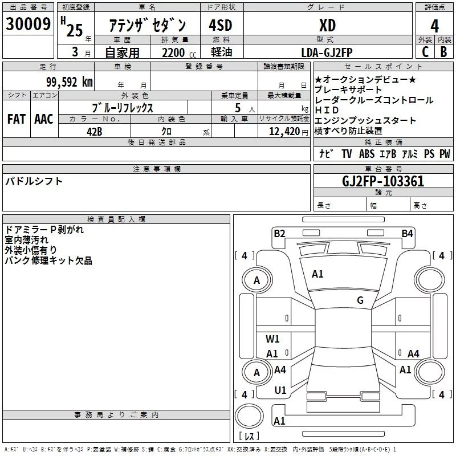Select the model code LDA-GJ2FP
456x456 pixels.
coord(327,52)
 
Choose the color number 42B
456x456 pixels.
coord(95,131)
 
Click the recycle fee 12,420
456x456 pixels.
coord(283,131)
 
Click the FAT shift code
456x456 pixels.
coord(16,119)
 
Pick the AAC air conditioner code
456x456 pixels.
coord(43,119)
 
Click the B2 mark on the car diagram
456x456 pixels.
coord(279,233)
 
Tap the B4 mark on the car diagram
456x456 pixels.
coord(407,233)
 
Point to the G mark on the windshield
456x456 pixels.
coord(360,300)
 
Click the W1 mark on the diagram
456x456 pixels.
coord(273,339)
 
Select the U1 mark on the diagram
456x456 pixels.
coord(280,390)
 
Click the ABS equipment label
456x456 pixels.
coord(367,154)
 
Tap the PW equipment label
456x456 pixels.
coord(445,154)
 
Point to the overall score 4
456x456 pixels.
coord(435,25)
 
